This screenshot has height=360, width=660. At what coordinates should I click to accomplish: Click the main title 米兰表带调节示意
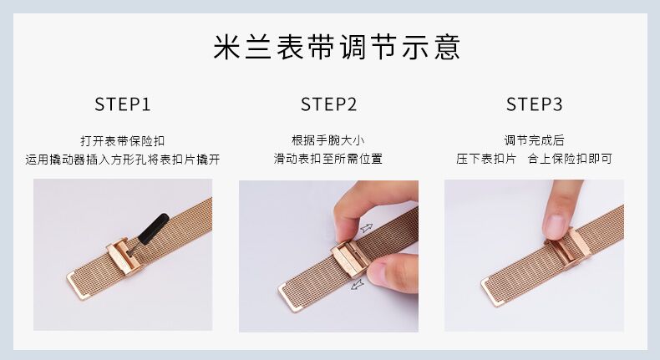(337, 47)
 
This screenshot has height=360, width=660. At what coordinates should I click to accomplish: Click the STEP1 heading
(123, 104)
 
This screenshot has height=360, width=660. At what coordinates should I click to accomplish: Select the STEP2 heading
(328, 104)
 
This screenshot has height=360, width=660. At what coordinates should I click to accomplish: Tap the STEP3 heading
(534, 104)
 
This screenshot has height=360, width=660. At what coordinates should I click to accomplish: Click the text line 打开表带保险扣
(123, 140)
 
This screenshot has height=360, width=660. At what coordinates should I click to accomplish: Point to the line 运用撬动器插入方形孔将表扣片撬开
(123, 160)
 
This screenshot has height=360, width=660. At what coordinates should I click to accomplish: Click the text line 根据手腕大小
(328, 139)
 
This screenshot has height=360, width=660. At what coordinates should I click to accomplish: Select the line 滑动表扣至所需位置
(328, 159)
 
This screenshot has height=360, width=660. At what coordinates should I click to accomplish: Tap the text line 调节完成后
(534, 139)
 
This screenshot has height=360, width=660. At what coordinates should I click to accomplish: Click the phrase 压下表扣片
(486, 159)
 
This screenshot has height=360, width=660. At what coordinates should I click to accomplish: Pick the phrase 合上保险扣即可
(570, 159)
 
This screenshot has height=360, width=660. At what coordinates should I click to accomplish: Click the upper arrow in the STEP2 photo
(367, 228)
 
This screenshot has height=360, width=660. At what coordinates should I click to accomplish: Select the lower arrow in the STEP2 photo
(357, 285)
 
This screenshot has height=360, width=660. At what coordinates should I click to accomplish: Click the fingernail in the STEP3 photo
(555, 226)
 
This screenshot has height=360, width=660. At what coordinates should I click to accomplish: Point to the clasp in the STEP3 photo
(567, 248)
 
